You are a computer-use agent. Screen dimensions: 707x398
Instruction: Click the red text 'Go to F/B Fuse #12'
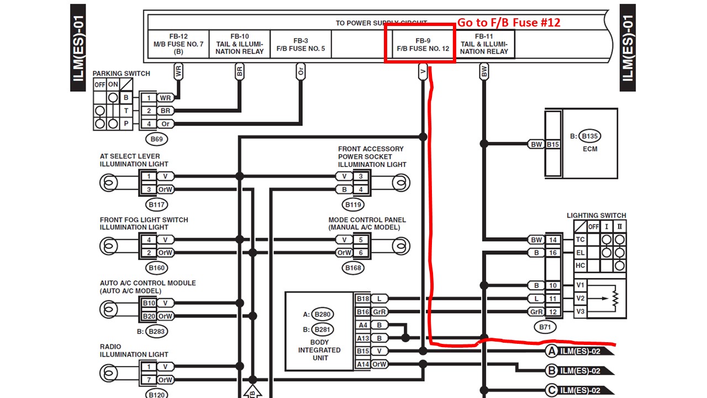click(x=509, y=23)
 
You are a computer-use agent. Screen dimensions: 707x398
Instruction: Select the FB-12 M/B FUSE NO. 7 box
click(x=178, y=44)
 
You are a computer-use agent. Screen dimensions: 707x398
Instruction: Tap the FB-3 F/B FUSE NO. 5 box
click(x=300, y=44)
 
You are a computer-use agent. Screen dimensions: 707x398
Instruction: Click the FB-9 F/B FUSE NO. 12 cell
click(x=423, y=44)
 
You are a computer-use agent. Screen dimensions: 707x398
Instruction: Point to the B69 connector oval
click(x=156, y=139)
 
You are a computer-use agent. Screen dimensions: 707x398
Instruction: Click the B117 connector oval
click(x=156, y=205)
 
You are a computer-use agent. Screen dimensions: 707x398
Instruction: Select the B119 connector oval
click(x=353, y=205)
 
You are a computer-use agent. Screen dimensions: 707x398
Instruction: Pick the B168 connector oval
click(x=353, y=268)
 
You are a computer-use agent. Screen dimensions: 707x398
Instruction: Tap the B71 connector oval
click(x=545, y=327)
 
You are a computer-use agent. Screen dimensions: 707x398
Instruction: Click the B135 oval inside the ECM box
click(x=589, y=136)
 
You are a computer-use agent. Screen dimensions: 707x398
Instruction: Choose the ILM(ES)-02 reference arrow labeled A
click(x=580, y=351)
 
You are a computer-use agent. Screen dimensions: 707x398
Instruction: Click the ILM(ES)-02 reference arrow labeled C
click(x=580, y=390)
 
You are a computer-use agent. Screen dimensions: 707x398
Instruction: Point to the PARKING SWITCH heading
click(x=121, y=74)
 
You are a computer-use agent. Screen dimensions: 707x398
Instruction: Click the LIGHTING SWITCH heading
click(x=596, y=216)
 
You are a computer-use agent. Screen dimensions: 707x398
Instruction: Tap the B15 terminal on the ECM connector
click(x=553, y=144)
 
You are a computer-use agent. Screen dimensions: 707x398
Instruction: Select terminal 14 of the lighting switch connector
click(x=553, y=240)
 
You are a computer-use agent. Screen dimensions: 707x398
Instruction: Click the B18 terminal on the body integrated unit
click(x=363, y=298)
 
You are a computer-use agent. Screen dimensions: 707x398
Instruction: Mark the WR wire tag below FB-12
click(x=178, y=72)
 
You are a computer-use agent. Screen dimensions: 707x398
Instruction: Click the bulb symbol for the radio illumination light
click(x=109, y=373)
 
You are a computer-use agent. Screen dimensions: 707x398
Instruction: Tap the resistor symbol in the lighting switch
click(x=615, y=298)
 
